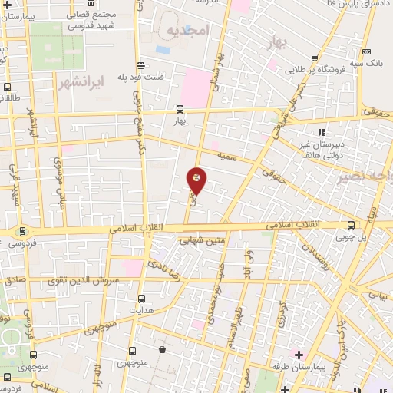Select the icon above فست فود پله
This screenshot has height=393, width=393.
[x=140, y=65]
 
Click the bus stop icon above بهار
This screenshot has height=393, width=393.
[x=179, y=108]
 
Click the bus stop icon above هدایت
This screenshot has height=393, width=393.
[x=140, y=298]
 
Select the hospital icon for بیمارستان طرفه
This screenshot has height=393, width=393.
[x=299, y=354]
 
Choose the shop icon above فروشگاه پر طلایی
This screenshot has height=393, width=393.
[x=315, y=58]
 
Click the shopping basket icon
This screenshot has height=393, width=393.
[x=162, y=350]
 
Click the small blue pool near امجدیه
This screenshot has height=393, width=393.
[x=163, y=48]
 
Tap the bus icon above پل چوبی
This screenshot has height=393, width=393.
[x=351, y=224]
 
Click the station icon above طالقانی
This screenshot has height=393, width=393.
[x=7, y=87]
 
